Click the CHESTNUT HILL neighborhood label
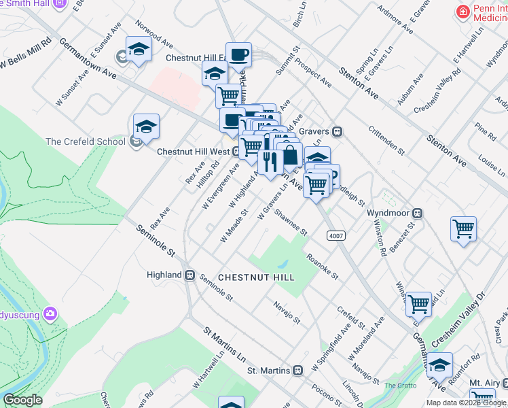point(256,277)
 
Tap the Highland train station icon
point(191,275)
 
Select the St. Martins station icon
point(297,371)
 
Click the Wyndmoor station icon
point(419,213)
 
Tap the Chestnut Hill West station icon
point(235,152)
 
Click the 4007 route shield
point(335,235)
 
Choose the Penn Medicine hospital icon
point(463,12)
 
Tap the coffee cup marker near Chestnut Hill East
point(238,54)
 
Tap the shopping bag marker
point(290,154)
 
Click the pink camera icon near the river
point(49,313)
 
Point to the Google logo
point(22,400)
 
